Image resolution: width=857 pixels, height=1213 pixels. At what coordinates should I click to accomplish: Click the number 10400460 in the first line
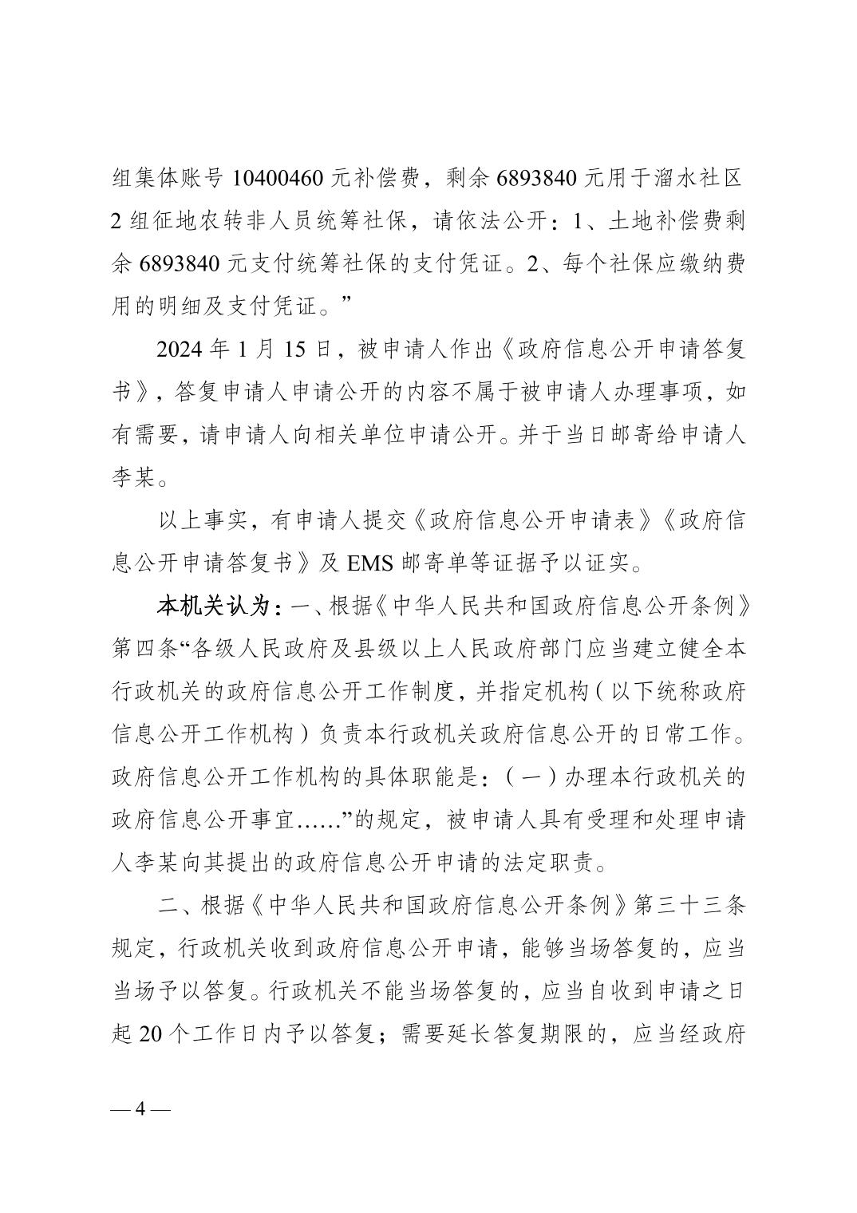[277, 178]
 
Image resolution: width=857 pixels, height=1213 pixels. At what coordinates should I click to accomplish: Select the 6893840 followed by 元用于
[536, 178]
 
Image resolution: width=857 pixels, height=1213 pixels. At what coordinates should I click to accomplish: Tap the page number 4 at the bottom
[141, 1110]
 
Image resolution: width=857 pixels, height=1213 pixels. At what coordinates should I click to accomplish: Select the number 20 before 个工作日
[151, 1035]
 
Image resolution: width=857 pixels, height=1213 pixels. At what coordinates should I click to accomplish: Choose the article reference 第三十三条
[690, 906]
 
